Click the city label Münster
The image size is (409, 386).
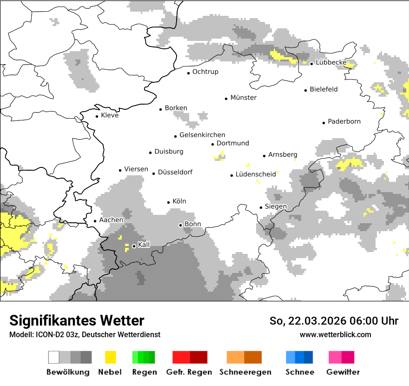click(243, 98)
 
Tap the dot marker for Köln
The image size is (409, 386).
click(169, 202)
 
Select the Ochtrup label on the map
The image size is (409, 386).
click(205, 72)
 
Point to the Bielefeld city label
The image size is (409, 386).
click(323, 89)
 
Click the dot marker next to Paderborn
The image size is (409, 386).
click(324, 123)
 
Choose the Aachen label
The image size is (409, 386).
click(111, 220)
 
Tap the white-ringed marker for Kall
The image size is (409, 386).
click(134, 246)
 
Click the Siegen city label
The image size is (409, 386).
click(276, 206)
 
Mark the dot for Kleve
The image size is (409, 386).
click(97, 116)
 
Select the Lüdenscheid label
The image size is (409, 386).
click(256, 175)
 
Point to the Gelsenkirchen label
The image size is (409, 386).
click(202, 135)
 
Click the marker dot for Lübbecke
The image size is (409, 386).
click(312, 63)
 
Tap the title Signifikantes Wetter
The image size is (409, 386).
click(77, 320)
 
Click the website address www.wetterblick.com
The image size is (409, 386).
click(335, 335)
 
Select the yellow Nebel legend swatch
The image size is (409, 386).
click(111, 357)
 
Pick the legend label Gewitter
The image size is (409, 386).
click(343, 372)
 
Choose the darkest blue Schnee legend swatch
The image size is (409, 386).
click(308, 357)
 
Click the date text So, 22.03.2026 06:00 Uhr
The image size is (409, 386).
click(334, 321)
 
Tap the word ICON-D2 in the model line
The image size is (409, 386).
click(48, 335)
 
